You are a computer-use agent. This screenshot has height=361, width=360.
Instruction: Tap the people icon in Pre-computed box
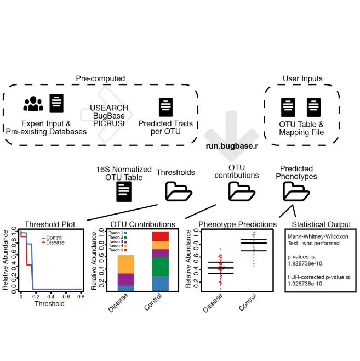coord(33,103)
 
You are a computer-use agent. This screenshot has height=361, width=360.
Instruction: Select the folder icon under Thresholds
coord(179,191)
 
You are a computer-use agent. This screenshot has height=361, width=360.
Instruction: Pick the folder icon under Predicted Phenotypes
coord(295,191)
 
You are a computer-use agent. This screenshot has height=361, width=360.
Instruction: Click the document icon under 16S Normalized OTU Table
coord(124,192)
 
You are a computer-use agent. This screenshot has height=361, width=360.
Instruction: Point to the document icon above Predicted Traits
coord(166,106)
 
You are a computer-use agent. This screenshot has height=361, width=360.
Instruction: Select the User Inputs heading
coord(302,78)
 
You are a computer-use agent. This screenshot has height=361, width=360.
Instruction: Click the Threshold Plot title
coord(50,224)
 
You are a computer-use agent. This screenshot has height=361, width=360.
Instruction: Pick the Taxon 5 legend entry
coord(116,250)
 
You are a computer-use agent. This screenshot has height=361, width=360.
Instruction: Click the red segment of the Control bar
coord(160,236)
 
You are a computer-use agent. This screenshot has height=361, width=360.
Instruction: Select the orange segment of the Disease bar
coord(126,264)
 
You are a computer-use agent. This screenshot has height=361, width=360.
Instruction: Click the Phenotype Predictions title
coord(237,224)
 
